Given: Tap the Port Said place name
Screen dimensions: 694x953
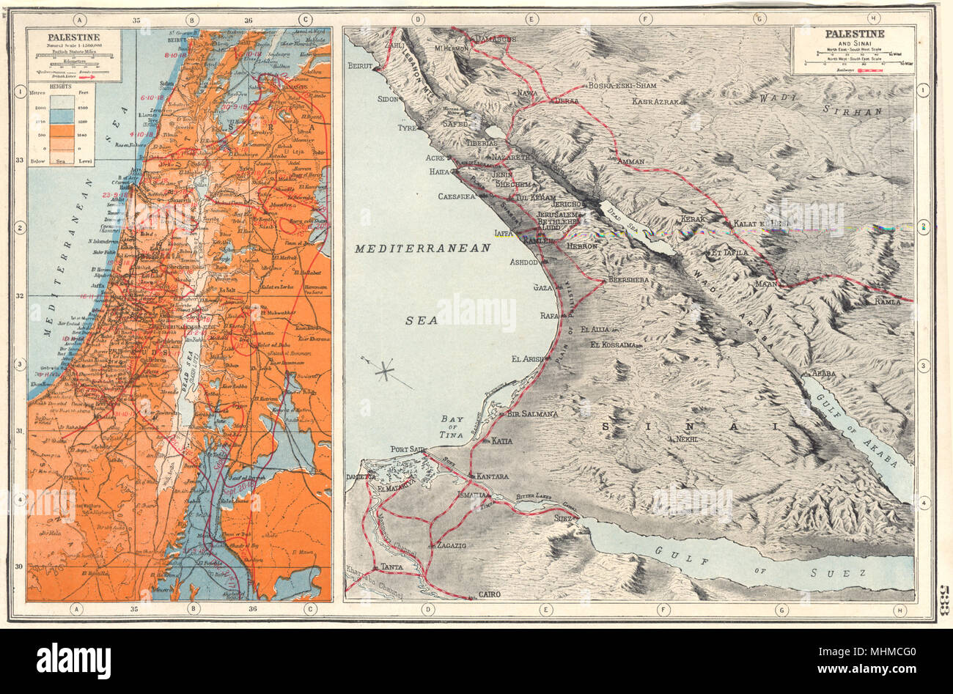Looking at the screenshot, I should (408, 449).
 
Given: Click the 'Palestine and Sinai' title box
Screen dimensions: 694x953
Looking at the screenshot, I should (853, 51).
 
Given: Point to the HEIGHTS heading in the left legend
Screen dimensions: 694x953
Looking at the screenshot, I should (51, 86).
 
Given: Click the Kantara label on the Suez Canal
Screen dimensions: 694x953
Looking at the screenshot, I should (492, 476).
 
